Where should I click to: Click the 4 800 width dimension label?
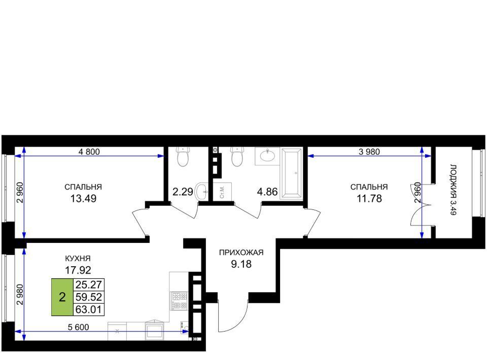89,152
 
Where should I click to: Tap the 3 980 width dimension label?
369,152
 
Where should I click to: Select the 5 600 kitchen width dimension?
78,327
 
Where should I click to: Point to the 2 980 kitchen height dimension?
20,295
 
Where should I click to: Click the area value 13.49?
83,198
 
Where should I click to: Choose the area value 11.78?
369,198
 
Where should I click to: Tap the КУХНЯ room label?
78,258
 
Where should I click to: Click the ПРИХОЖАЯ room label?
241,253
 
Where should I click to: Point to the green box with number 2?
62,297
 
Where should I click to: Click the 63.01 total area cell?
88,309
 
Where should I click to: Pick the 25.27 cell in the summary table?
88,284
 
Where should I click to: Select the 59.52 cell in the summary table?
88,297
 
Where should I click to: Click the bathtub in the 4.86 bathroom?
291,173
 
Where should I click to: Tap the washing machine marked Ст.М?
222,192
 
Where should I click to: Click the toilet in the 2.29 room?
183,157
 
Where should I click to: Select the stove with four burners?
180,301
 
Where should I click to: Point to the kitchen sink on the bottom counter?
155,330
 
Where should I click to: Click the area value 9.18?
241,264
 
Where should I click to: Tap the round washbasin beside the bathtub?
267,156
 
